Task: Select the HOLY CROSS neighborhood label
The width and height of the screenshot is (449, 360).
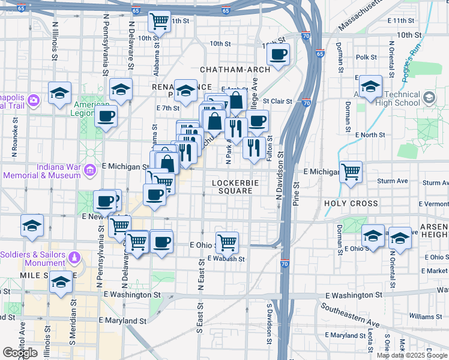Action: pyautogui.click(x=351, y=204)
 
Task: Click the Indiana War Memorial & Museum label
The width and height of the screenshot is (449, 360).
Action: pyautogui.click(x=42, y=170)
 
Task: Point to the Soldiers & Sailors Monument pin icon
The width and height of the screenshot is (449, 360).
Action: pyautogui.click(x=74, y=257)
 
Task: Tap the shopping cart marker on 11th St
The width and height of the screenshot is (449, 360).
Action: pyautogui.click(x=160, y=22)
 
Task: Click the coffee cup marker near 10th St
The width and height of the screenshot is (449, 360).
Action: pyautogui.click(x=278, y=55)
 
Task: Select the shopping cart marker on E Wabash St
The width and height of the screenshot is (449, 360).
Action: pyautogui.click(x=228, y=243)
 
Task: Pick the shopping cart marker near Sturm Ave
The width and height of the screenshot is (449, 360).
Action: pyautogui.click(x=351, y=172)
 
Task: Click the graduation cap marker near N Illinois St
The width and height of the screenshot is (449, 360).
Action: pyautogui.click(x=60, y=94)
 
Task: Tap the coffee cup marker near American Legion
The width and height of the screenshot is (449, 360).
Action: pyautogui.click(x=106, y=116)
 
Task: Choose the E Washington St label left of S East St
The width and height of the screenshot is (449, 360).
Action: pyautogui.click(x=132, y=295)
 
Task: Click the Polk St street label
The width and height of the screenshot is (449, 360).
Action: pyautogui.click(x=366, y=58)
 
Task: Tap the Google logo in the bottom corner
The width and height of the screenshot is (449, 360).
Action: pyautogui.click(x=20, y=353)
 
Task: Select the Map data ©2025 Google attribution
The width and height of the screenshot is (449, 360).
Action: pyautogui.click(x=412, y=355)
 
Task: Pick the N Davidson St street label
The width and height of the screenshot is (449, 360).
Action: pyautogui.click(x=279, y=176)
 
